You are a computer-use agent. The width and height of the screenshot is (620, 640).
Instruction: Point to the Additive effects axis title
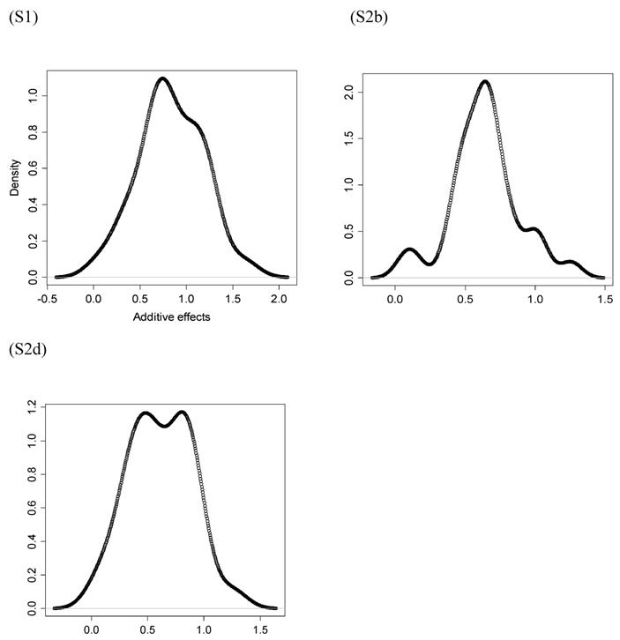tap(171, 316)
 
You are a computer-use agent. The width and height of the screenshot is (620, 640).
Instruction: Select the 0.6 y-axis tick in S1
tap(33, 167)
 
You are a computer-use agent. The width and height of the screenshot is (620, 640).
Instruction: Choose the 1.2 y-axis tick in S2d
tap(33, 407)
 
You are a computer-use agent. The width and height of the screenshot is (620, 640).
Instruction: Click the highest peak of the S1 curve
tap(162, 78)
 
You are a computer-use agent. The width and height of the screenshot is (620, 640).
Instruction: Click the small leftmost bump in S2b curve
tap(409, 249)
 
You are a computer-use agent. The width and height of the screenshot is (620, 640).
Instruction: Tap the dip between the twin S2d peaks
tap(164, 426)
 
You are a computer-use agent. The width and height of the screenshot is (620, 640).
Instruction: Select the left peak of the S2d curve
tap(146, 413)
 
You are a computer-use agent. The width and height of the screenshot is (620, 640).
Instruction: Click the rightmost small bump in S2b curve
tap(570, 262)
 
